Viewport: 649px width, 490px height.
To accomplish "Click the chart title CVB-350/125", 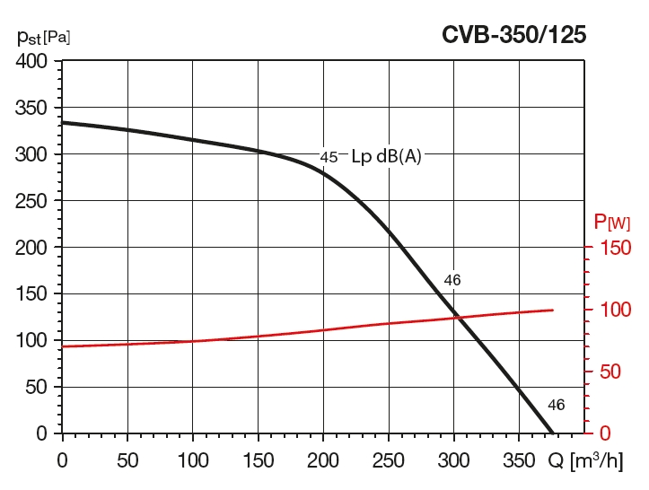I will click(513, 35).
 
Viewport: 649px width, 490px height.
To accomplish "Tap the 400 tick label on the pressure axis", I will click(32, 62).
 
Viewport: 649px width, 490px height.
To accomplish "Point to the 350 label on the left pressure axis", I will click(32, 109).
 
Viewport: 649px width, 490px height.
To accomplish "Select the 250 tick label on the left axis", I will click(32, 201).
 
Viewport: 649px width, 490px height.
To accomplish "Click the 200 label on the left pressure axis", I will click(32, 248).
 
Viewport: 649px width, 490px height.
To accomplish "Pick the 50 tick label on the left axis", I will click(37, 387).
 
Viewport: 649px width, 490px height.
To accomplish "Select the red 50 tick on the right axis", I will click(610, 372).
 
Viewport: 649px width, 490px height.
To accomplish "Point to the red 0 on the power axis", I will click(604, 433).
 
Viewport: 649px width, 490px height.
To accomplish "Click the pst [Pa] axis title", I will click(43, 37).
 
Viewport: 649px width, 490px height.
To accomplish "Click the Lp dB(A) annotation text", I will click(386, 155).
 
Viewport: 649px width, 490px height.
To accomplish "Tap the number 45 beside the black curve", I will click(329, 157).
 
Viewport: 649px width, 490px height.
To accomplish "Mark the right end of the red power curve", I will click(552, 310).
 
